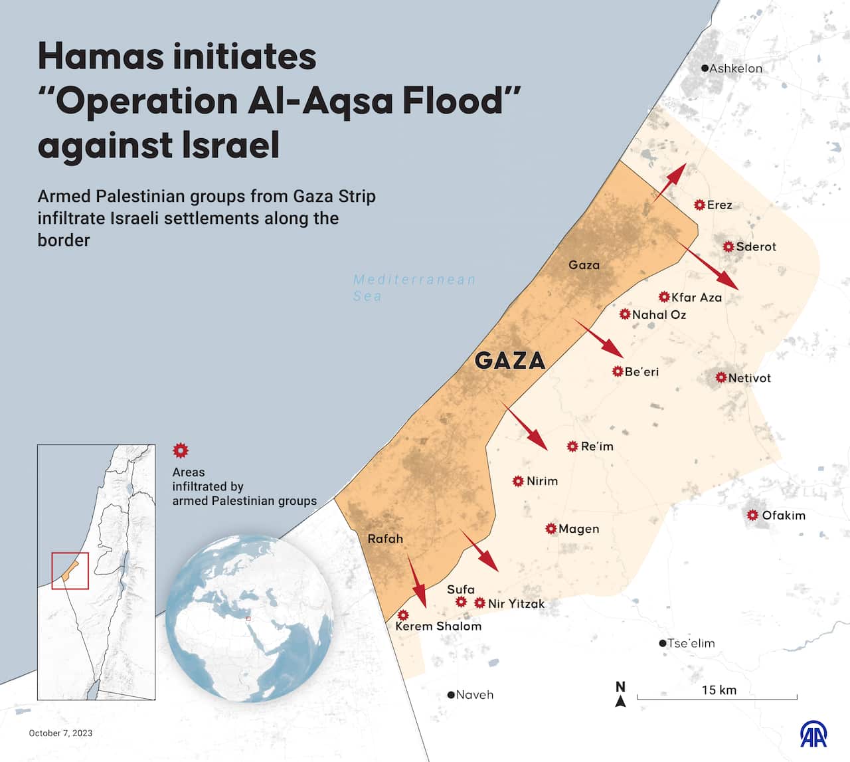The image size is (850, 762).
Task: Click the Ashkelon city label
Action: pyautogui.click(x=735, y=68)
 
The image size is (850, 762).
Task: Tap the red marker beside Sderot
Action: pyautogui.click(x=728, y=246)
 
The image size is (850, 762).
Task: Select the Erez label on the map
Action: pyautogui.click(x=719, y=205)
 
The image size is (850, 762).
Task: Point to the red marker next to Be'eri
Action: pyautogui.click(x=618, y=371)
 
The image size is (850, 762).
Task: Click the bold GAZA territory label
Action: pyautogui.click(x=510, y=361)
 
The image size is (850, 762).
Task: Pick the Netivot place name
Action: pyautogui.click(x=749, y=378)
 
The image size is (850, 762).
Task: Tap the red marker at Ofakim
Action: pyautogui.click(x=752, y=516)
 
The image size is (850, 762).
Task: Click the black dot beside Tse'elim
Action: pyautogui.click(x=662, y=643)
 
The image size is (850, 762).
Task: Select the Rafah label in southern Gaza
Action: pyautogui.click(x=385, y=539)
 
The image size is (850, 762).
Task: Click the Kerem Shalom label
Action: pyautogui.click(x=438, y=626)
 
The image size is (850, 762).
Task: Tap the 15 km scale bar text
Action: pyautogui.click(x=719, y=690)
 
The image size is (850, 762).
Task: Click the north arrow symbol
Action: pyautogui.click(x=620, y=695)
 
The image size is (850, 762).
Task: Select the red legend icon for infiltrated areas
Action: pyautogui.click(x=180, y=451)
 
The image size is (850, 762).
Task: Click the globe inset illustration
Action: pyautogui.click(x=249, y=619)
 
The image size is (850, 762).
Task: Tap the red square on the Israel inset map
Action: pyautogui.click(x=70, y=571)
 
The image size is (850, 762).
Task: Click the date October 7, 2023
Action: pyautogui.click(x=60, y=733)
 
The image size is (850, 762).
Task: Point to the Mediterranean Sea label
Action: pyautogui.click(x=414, y=288)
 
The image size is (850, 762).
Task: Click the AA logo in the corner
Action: pyautogui.click(x=813, y=733)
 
